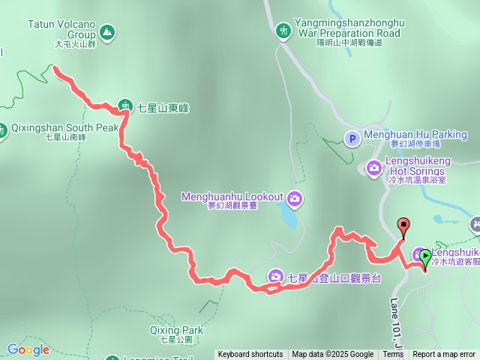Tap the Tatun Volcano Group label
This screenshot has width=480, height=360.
61,29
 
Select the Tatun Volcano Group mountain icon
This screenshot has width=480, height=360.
107,32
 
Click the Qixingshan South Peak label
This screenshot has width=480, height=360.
64,127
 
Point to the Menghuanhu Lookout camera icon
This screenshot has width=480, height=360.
295,197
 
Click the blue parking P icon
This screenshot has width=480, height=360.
351,138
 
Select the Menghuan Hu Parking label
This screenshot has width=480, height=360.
415,135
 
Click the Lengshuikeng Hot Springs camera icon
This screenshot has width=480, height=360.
373,168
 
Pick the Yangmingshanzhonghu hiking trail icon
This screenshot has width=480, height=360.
283,31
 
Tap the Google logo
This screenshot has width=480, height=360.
28,349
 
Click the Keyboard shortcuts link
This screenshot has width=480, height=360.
250,355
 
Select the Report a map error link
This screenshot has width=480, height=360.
444,355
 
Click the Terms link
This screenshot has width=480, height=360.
393,355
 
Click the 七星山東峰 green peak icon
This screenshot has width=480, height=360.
126,107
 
